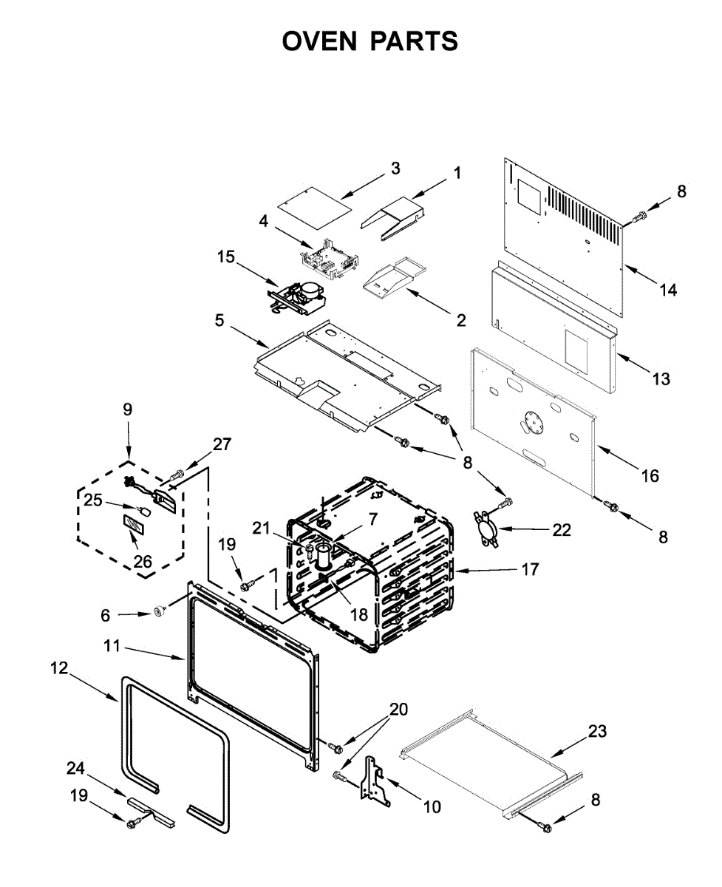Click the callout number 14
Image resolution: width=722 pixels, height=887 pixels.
[x=668, y=290]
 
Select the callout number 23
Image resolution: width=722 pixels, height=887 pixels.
[x=597, y=731]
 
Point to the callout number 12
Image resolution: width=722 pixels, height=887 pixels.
[x=59, y=668]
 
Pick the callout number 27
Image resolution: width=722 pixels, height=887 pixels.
[x=222, y=444]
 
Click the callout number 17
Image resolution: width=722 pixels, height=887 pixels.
[x=530, y=570]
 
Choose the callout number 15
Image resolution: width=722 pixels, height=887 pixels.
[x=226, y=256]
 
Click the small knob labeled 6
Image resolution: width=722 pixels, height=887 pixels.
[x=157, y=611]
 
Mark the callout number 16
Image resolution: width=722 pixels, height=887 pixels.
[x=650, y=476]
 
